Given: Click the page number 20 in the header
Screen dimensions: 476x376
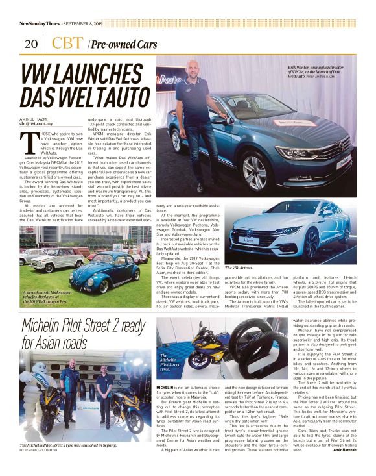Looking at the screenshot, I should coord(30,44).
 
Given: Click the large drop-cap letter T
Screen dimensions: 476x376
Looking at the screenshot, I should coord(28,142).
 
